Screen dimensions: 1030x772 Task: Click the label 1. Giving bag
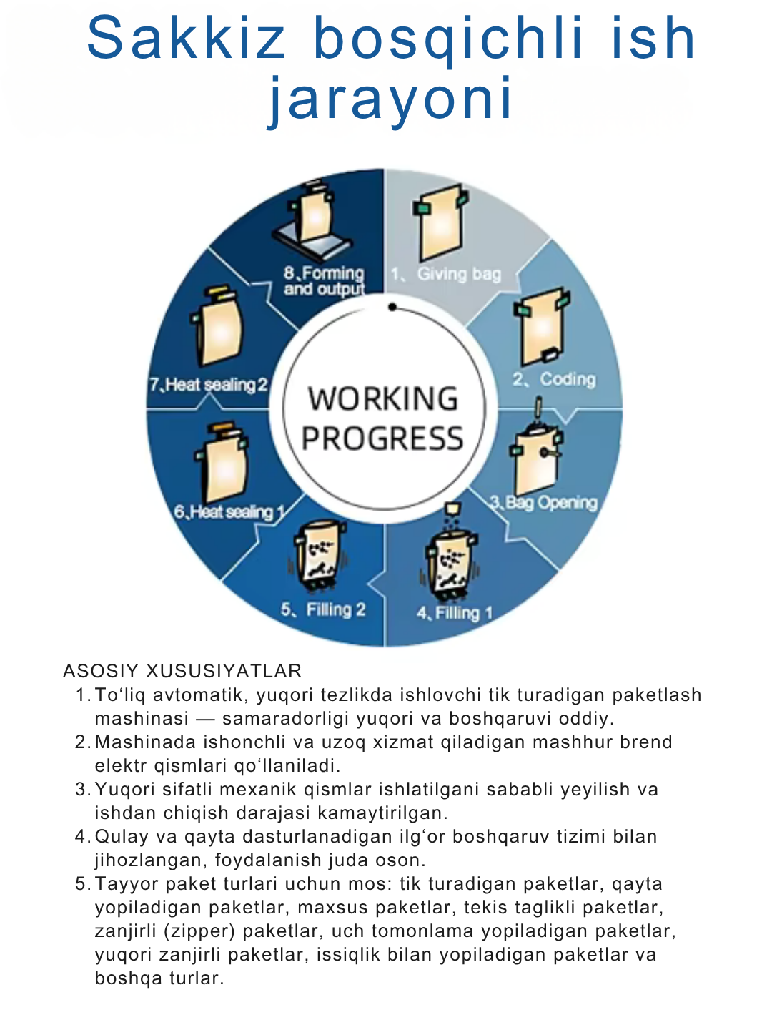pos(446,274)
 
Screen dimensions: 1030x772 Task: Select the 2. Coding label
pos(554,379)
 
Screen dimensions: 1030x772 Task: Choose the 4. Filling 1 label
pos(455,613)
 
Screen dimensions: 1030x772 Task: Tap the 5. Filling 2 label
pos(323,609)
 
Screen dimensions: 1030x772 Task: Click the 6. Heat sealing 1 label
pos(229,512)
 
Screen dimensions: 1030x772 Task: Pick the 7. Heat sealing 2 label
pos(208,385)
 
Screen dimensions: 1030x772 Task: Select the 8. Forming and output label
pos(324,281)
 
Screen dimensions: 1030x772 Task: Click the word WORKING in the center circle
pos(383,399)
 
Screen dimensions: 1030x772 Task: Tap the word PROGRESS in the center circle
pos(382,438)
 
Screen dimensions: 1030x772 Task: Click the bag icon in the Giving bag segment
pos(441,225)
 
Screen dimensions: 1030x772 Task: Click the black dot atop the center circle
pos(392,307)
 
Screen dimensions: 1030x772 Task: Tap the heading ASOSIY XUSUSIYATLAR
pos(182,671)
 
